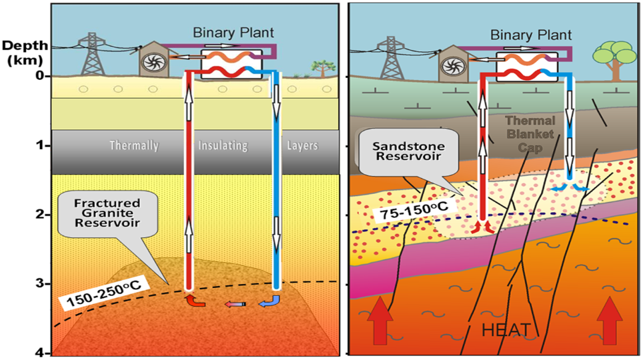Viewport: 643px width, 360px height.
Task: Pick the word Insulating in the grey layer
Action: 222,145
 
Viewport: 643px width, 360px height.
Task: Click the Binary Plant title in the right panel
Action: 528,33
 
